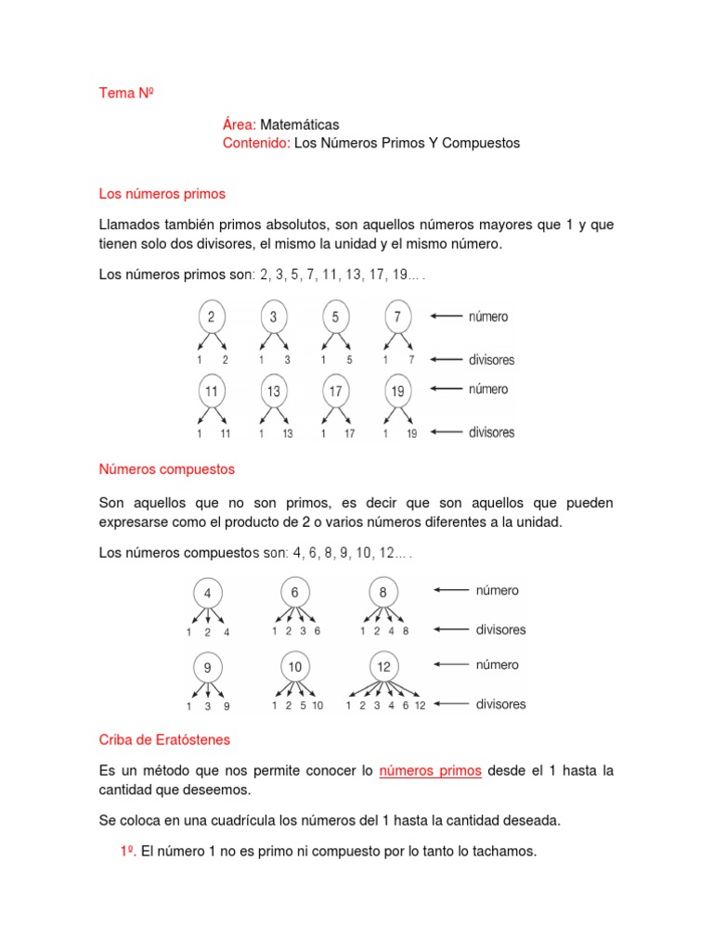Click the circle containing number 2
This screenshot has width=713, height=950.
[212, 317]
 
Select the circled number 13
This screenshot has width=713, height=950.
[273, 391]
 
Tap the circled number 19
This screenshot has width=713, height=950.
[397, 391]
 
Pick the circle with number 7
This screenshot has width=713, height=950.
[397, 317]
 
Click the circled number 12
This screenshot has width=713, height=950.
[383, 666]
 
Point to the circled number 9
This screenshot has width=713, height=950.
[207, 666]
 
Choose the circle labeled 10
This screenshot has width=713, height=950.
[294, 666]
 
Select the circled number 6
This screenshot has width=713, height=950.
[294, 592]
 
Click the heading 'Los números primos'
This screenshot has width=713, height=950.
[162, 194]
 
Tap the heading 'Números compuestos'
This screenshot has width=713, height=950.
[167, 469]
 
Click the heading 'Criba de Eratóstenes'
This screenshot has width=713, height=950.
[165, 739]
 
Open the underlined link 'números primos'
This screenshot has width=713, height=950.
[431, 771]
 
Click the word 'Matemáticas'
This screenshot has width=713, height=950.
[299, 124]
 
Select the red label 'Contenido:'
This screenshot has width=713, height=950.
[256, 143]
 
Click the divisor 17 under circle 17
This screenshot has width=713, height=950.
[349, 433]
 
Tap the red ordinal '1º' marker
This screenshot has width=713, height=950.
[127, 851]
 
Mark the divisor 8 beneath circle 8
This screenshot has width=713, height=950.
[406, 632]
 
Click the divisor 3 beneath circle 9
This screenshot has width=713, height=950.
[207, 707]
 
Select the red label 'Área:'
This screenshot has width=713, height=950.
[240, 124]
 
